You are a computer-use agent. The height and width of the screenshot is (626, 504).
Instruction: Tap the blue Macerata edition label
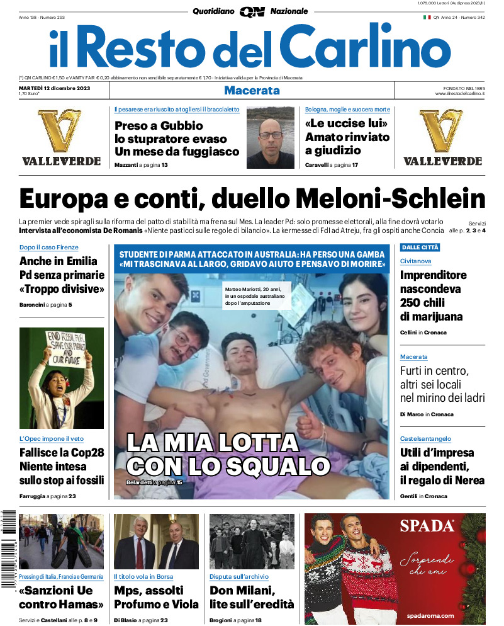(252, 91)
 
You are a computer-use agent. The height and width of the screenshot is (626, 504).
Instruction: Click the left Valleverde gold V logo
(60, 131)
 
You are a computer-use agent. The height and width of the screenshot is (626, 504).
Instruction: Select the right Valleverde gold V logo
(442, 131)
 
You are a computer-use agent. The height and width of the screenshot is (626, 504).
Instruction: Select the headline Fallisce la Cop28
(62, 453)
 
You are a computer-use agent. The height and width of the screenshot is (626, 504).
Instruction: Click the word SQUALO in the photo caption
(270, 466)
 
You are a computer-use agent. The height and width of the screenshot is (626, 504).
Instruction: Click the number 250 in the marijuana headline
(413, 303)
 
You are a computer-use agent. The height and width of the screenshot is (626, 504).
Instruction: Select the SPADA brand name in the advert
(427, 526)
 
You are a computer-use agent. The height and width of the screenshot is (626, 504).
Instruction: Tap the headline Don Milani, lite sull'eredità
(252, 597)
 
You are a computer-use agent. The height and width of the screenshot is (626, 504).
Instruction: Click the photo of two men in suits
(156, 542)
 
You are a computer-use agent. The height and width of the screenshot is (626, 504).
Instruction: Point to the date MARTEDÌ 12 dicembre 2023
(55, 88)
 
